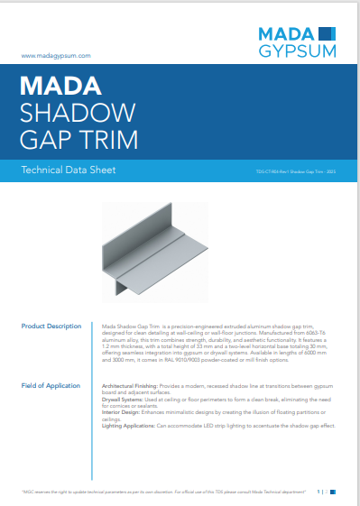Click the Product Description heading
point(51,325)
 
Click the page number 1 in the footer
point(318,492)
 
